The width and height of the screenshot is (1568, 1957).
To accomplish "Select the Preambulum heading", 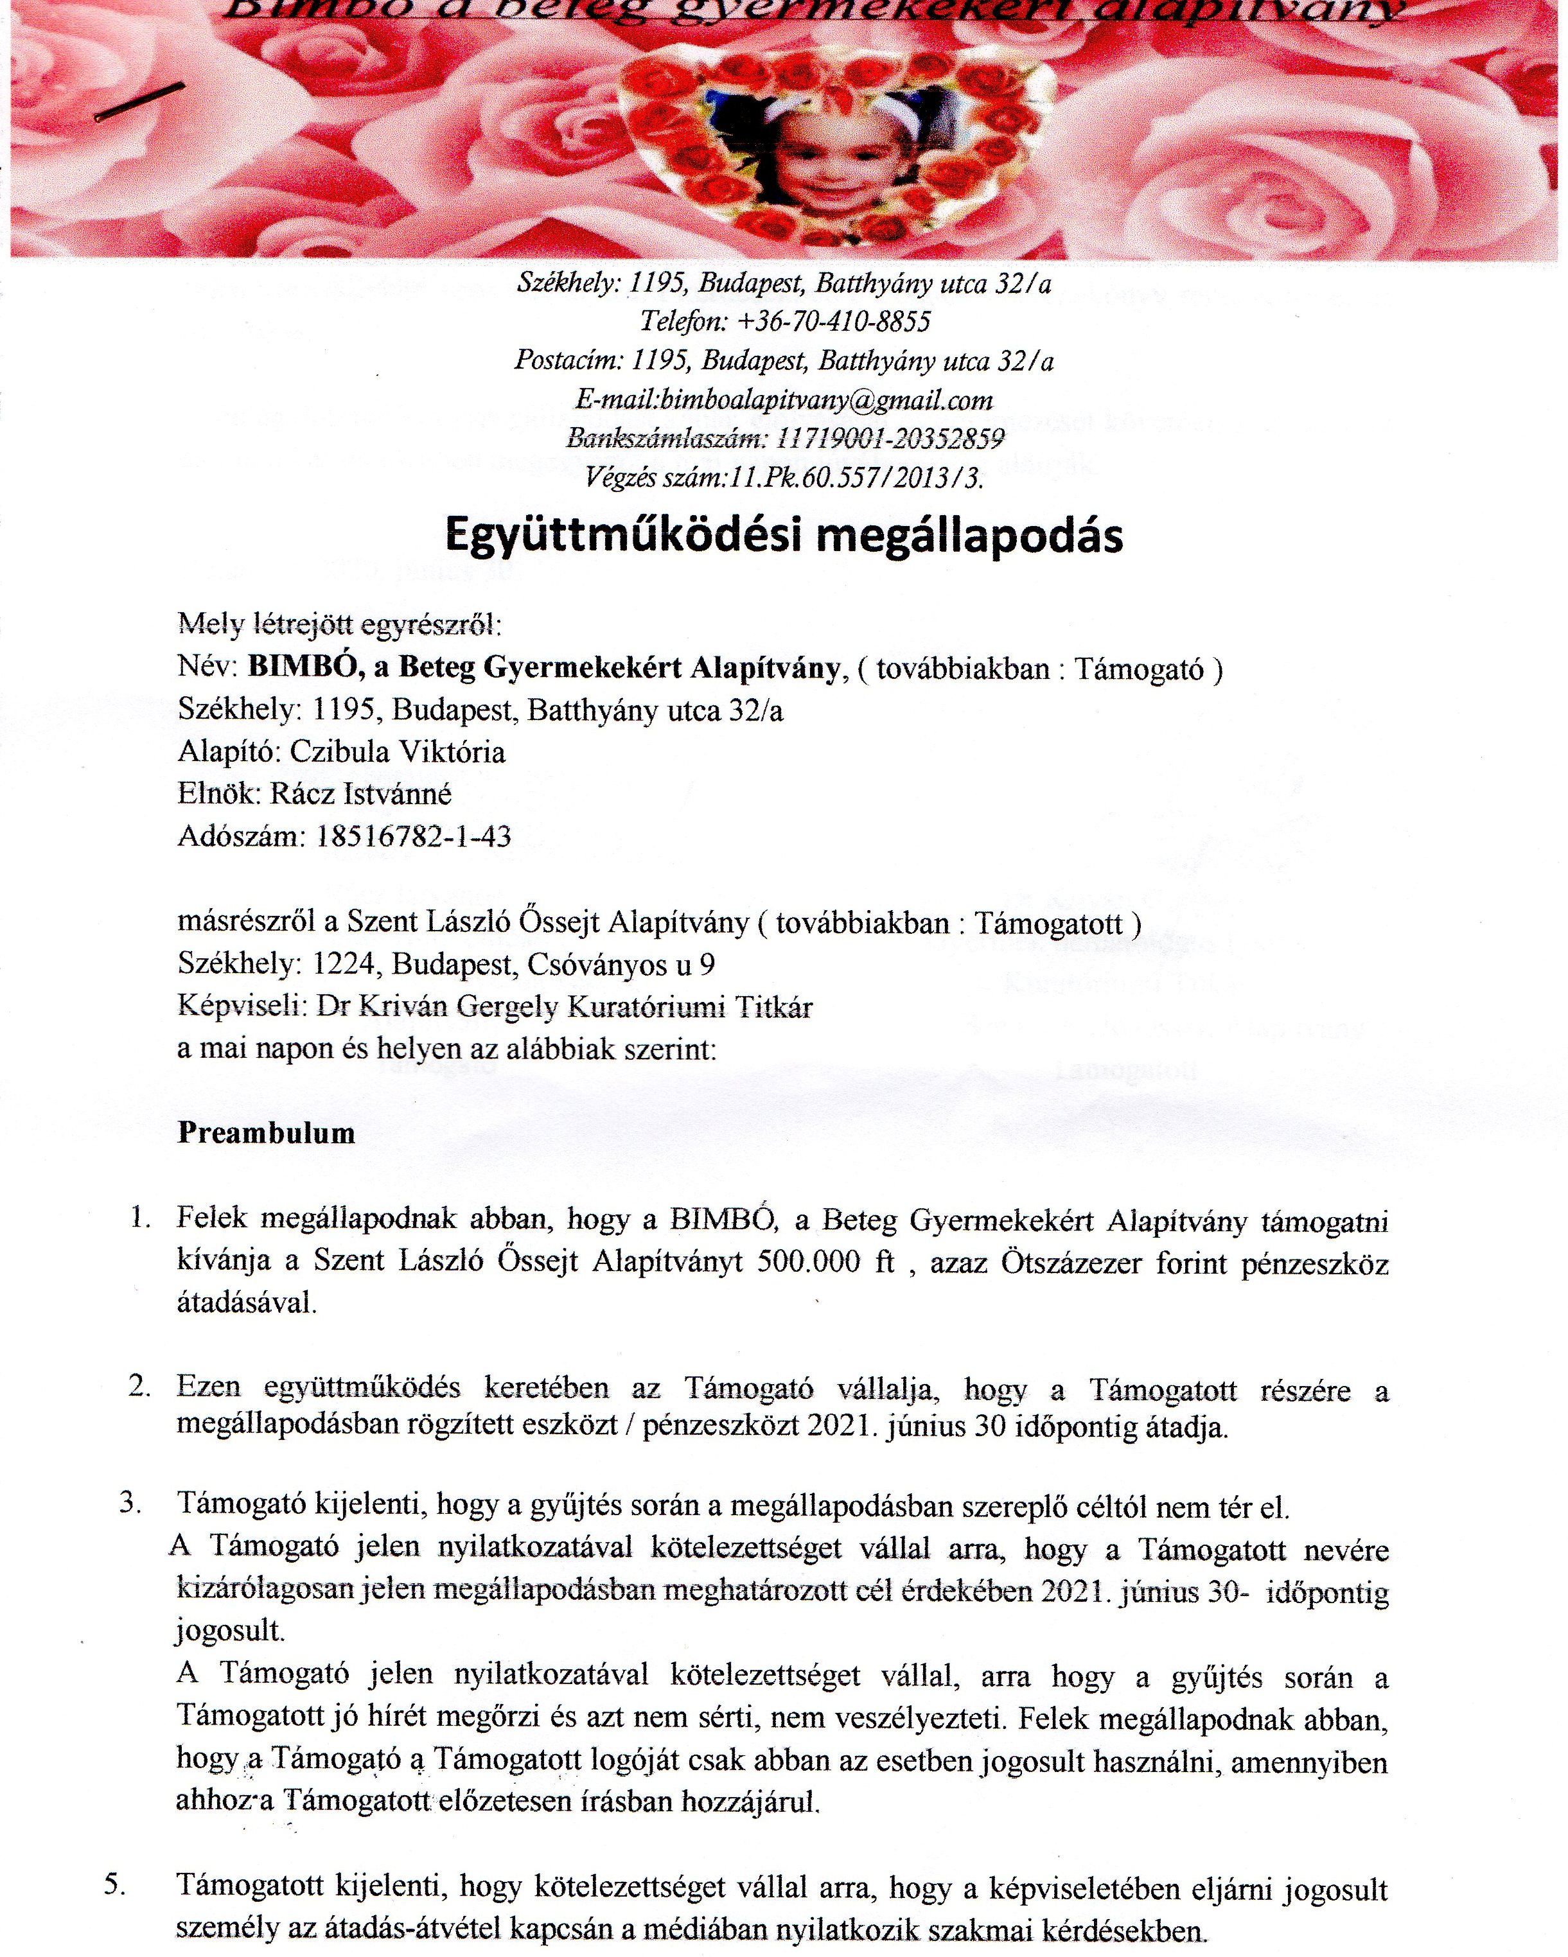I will point(266,1133).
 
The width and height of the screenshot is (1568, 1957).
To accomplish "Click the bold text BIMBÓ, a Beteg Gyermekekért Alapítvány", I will point(543,668).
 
